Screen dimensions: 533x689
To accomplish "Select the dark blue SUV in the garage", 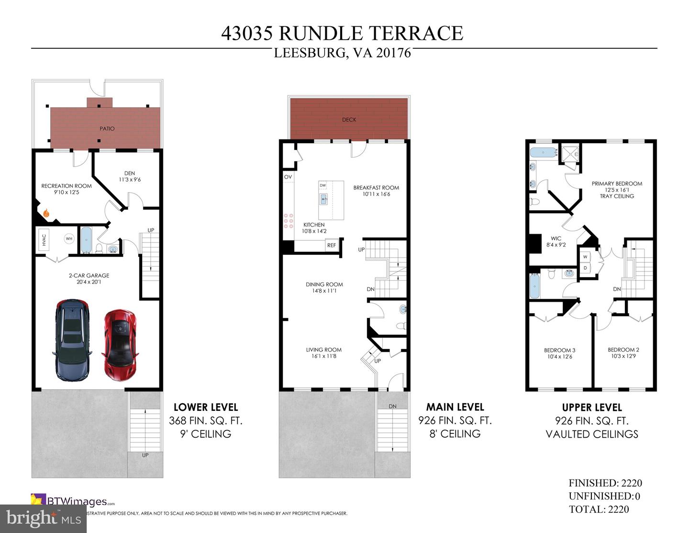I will click(72, 340).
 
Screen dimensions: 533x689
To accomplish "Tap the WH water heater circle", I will click(69, 238).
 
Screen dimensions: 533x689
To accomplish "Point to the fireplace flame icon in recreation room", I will click(46, 214).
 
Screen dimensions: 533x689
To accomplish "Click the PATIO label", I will click(107, 128).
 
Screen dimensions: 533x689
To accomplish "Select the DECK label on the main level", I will click(349, 120).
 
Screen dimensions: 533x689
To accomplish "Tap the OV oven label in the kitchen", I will click(288, 177).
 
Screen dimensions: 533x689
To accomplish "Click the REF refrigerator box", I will click(332, 245).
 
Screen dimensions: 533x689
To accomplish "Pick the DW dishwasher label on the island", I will click(323, 185).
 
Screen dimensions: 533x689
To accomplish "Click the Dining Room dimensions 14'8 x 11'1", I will click(324, 291).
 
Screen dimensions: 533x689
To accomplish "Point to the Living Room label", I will click(324, 350).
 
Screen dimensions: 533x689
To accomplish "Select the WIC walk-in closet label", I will click(556, 238).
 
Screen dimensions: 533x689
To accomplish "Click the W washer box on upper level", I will click(585, 257).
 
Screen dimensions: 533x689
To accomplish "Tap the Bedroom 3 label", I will click(559, 350).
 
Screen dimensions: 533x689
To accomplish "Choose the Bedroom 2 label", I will click(623, 350).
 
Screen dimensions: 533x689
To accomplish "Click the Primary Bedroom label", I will click(617, 183).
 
